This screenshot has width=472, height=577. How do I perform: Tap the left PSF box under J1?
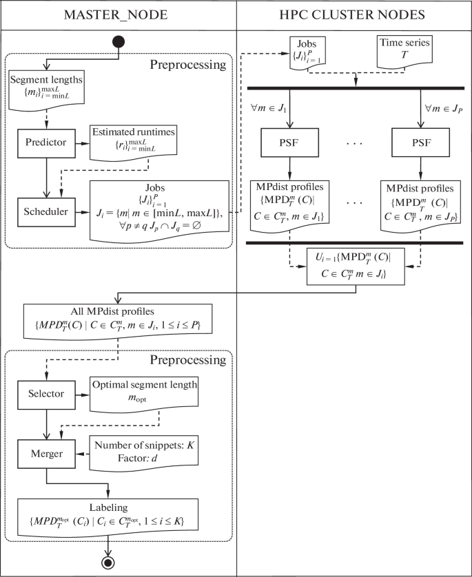[288, 145]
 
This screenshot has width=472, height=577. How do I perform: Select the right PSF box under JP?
[420, 145]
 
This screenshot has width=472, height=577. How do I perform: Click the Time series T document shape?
[405, 52]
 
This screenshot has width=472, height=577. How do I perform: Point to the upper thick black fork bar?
[354, 87]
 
